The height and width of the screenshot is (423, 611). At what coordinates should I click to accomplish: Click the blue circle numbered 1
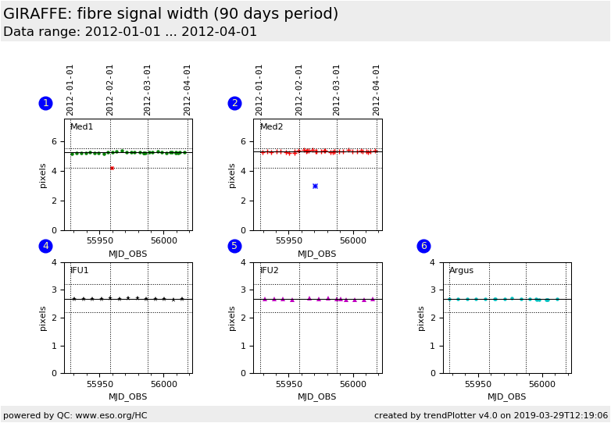tap(45, 103)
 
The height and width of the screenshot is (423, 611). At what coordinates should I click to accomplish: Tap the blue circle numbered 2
tap(234, 103)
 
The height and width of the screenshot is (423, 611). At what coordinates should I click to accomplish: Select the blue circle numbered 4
tap(45, 246)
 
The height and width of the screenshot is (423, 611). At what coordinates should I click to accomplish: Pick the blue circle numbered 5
tap(234, 246)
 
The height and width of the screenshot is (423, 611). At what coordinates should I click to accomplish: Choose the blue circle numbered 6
tap(423, 246)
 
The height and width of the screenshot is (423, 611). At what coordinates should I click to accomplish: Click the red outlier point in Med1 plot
tap(112, 168)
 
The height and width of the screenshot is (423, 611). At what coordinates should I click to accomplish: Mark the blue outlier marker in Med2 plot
tap(315, 186)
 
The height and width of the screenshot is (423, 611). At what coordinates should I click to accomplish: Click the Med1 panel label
tap(81, 126)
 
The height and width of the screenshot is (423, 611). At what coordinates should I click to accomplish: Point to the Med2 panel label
tap(271, 126)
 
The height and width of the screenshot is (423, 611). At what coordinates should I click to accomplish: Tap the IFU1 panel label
tap(79, 270)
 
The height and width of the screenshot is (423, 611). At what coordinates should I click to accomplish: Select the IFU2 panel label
tap(269, 270)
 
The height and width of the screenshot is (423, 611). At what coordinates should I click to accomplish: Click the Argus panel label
tap(461, 270)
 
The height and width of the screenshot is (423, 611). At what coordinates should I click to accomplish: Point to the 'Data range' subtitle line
tap(130, 32)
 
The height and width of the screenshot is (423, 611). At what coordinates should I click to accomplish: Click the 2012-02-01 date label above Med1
tap(110, 89)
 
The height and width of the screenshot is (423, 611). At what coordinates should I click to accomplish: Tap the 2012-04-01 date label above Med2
tap(377, 89)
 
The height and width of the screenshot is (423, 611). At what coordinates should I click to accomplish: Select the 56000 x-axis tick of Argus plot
tap(541, 384)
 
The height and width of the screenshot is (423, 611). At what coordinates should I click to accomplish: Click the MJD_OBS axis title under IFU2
tap(316, 396)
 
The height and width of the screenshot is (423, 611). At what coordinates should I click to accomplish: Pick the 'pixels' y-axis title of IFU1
tap(44, 318)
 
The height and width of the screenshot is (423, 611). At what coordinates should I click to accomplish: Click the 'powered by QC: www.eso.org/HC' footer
tap(75, 415)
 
